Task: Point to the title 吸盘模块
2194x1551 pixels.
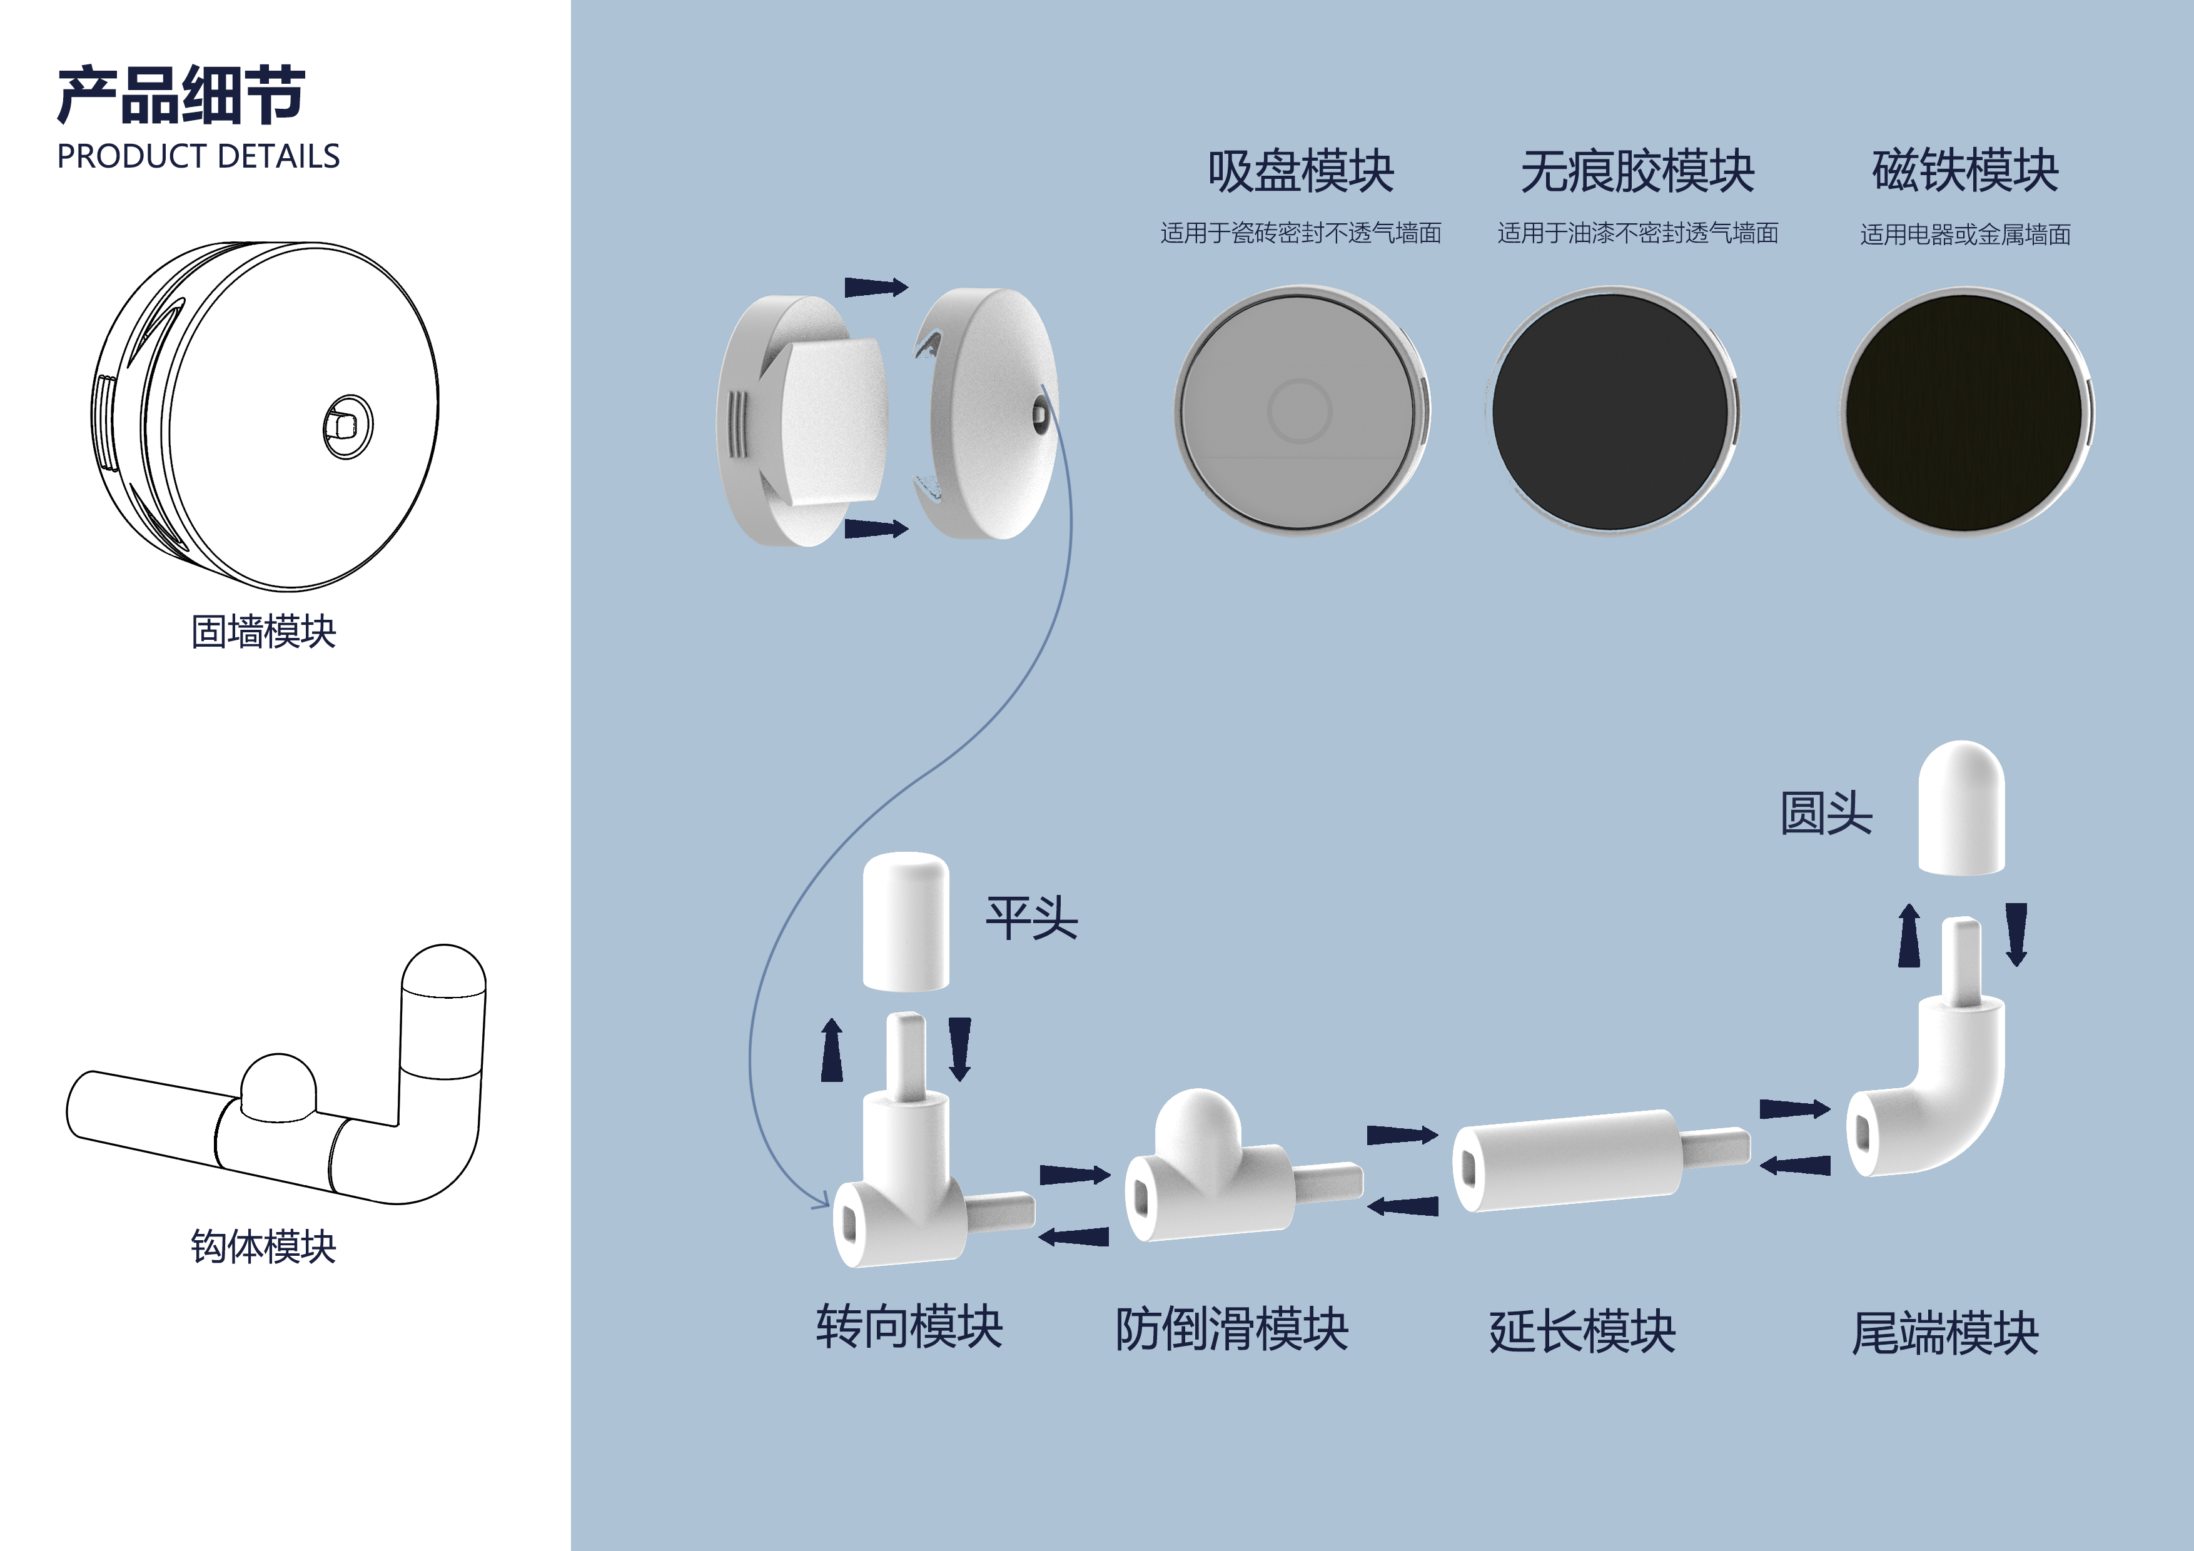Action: tap(1300, 172)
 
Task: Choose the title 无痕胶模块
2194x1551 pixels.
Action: tap(1637, 172)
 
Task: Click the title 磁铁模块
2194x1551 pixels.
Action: tap(1964, 172)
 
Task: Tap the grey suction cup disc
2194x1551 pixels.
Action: tap(1300, 411)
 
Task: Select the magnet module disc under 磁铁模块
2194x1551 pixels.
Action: tap(1964, 411)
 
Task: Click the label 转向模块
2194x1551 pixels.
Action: tap(909, 1326)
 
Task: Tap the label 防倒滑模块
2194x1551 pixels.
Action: tap(1231, 1329)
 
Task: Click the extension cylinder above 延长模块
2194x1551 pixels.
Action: tap(1567, 1159)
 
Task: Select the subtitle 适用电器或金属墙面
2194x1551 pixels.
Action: tap(1964, 234)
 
